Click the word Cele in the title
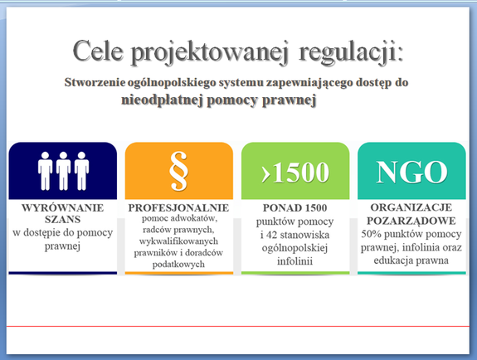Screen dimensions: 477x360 (98, 51)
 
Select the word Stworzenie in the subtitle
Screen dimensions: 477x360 (95, 82)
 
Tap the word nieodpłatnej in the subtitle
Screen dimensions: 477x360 (162, 100)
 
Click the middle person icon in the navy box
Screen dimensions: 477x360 (63, 171)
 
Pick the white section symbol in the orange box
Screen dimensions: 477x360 (178, 171)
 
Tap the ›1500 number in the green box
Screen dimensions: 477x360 (295, 173)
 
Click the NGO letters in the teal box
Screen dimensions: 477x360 (411, 172)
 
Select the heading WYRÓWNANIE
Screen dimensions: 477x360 (63, 208)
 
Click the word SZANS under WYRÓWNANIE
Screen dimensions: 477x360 (63, 219)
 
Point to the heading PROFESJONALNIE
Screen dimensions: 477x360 (178, 208)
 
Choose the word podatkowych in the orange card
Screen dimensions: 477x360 (178, 264)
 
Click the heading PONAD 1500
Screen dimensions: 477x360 (294, 208)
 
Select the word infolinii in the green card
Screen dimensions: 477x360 (294, 261)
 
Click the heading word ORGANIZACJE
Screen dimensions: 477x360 (411, 207)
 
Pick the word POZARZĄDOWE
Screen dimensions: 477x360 (411, 221)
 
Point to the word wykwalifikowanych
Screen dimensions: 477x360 (178, 241)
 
